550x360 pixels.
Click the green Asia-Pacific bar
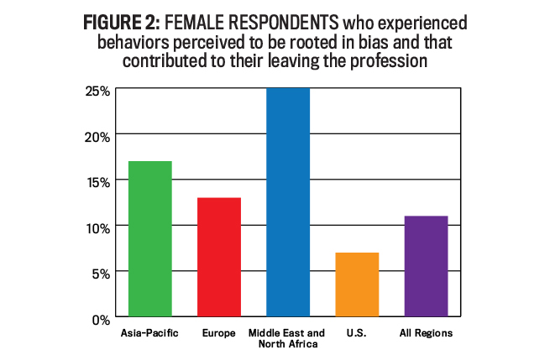click(150, 239)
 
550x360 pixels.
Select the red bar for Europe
click(219, 258)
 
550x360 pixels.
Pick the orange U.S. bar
click(357, 285)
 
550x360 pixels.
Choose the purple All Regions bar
click(426, 267)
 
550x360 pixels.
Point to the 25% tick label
click(97, 89)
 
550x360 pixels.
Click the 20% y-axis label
click(97, 135)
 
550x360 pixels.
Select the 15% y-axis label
click(97, 181)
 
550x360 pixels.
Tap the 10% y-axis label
click(97, 227)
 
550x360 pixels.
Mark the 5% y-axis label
click(100, 274)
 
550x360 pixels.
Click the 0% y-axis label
click(100, 320)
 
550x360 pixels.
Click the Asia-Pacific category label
click(150, 333)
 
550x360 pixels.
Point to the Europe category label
click(219, 333)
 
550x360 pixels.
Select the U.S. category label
click(357, 333)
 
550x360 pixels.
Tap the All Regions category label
click(426, 333)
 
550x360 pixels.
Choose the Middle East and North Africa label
click(288, 338)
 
